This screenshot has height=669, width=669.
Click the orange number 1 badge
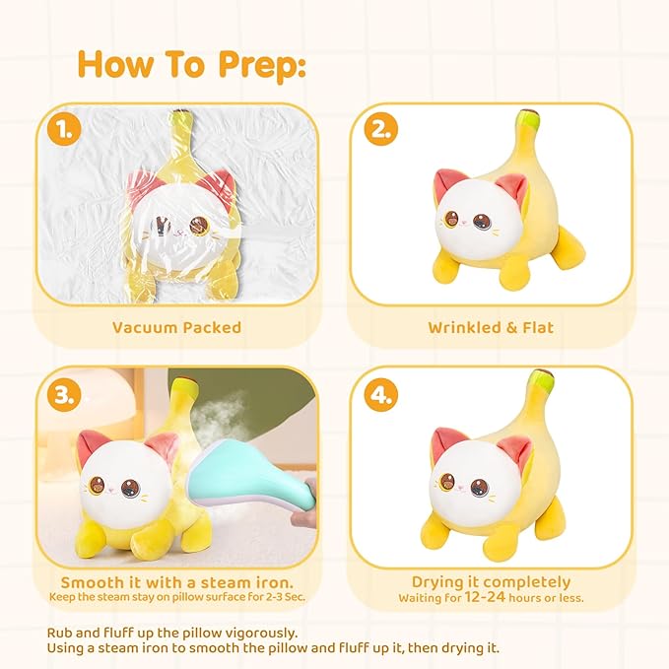[x=64, y=128]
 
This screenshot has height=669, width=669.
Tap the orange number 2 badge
[x=380, y=129]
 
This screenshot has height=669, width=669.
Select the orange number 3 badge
[x=64, y=394]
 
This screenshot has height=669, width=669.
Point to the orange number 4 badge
[x=380, y=394]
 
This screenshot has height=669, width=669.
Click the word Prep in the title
[x=262, y=65]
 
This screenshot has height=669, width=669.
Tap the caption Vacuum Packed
[x=176, y=328]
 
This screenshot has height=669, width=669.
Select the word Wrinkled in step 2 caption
[x=464, y=328]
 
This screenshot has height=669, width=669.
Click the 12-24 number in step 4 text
[x=485, y=597]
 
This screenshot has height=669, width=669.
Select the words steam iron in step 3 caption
[x=247, y=583]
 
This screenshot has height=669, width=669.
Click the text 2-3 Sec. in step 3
[x=286, y=597]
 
